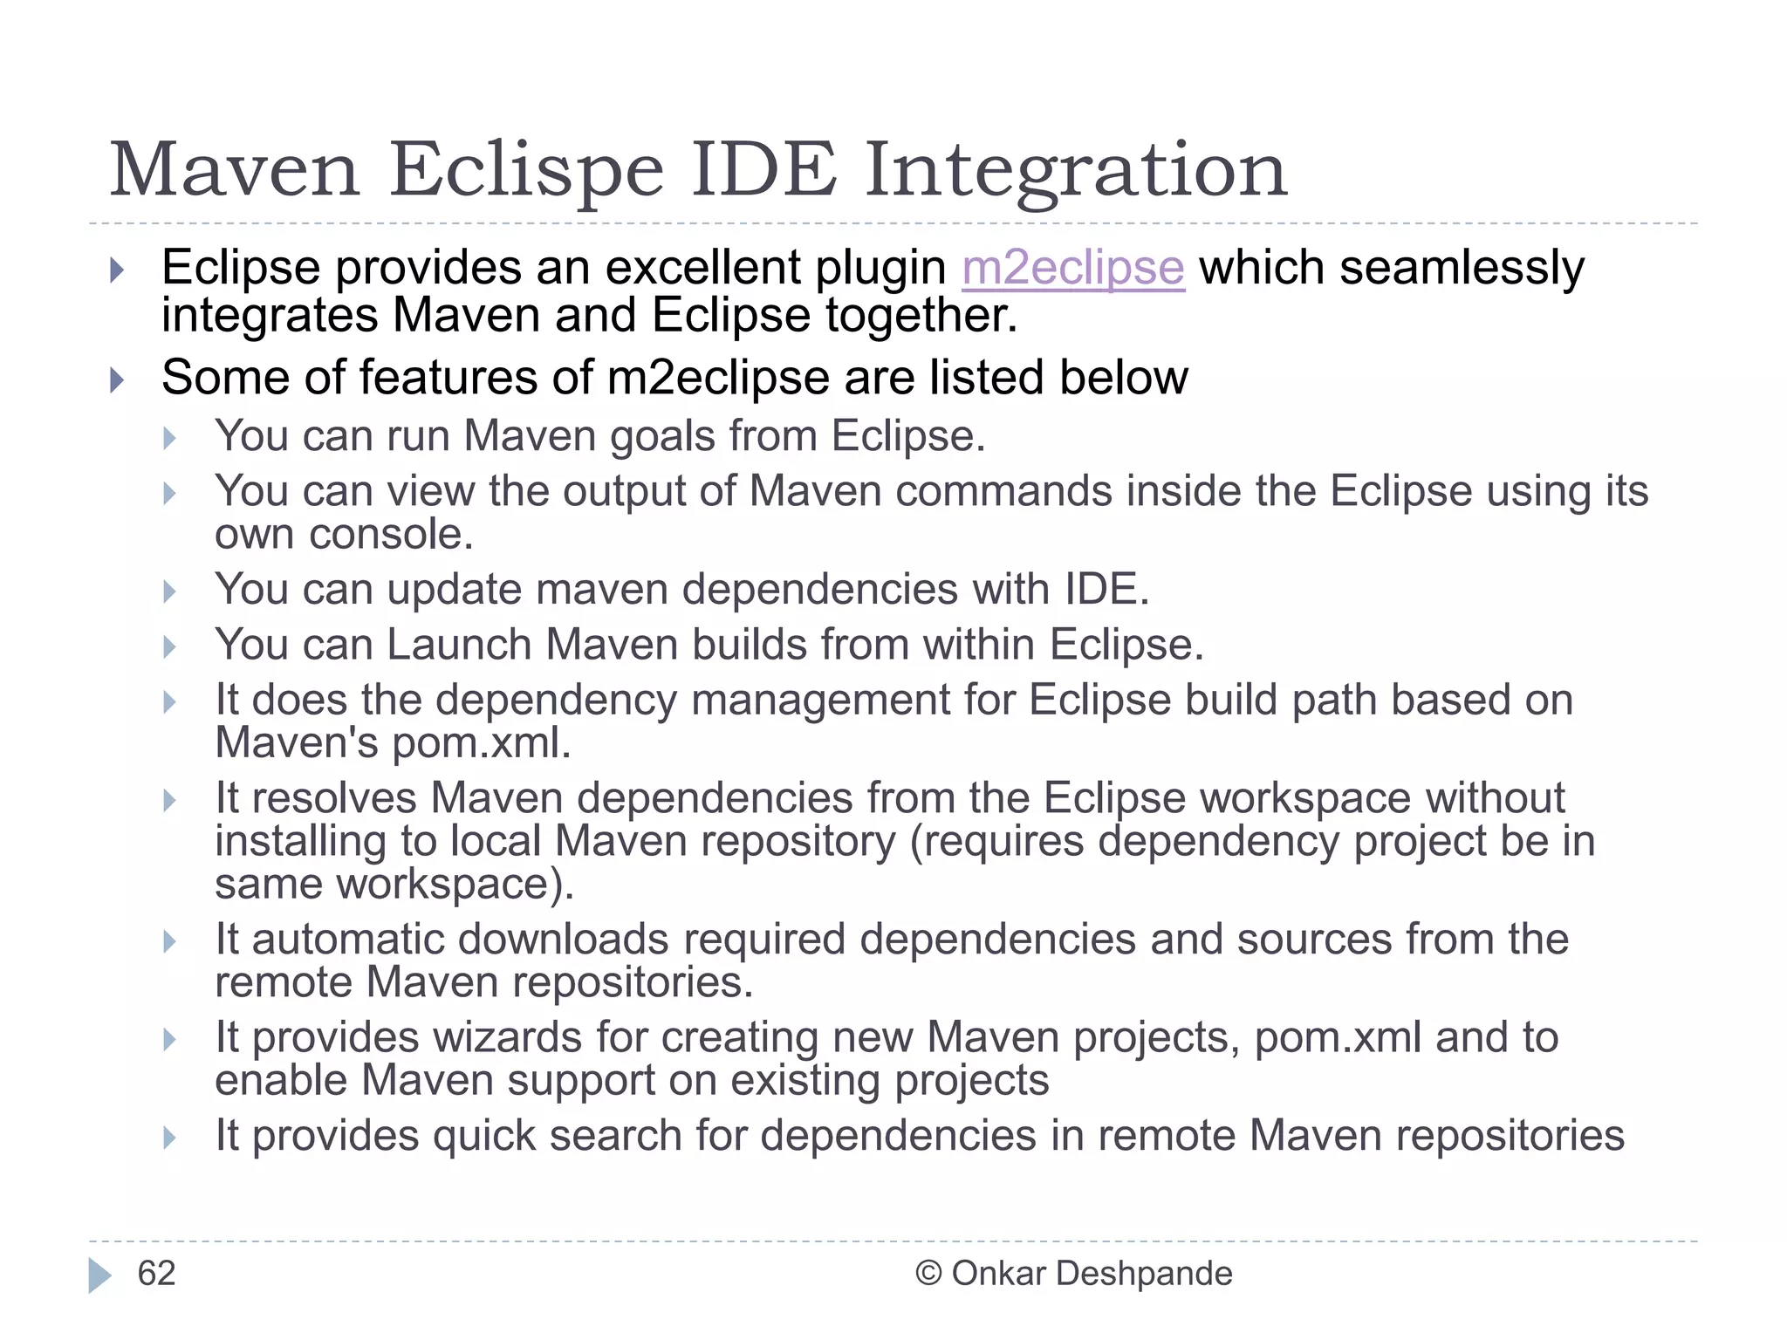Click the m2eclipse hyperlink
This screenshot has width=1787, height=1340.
(1072, 268)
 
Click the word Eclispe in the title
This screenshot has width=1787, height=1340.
(526, 170)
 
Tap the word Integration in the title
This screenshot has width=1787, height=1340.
(1076, 170)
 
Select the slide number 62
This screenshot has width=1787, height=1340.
(156, 1274)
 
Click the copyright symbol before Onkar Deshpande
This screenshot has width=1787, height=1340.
(928, 1274)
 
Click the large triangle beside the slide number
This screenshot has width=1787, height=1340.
(99, 1275)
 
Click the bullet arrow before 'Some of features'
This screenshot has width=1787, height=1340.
(118, 380)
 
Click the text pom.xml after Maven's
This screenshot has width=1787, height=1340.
(481, 743)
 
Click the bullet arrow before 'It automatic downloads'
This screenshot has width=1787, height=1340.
(170, 941)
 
